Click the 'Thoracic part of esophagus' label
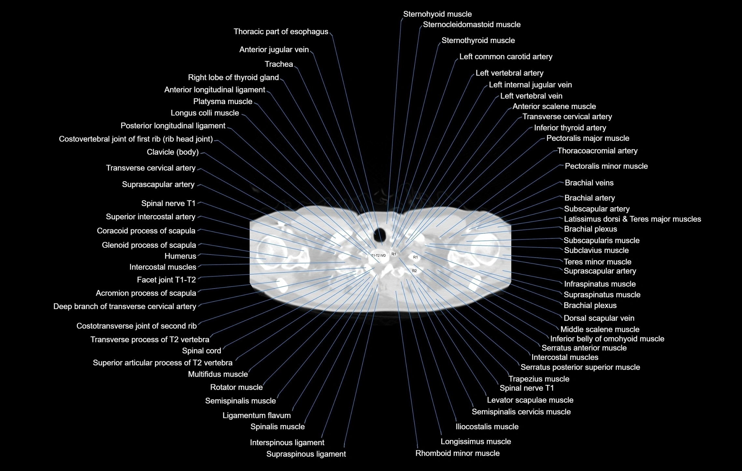click(281, 32)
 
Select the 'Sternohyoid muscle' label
click(437, 14)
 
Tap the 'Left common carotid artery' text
click(506, 57)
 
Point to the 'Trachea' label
click(279, 64)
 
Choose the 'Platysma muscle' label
click(223, 101)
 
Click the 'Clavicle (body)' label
click(173, 152)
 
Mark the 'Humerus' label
click(180, 256)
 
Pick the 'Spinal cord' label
click(202, 351)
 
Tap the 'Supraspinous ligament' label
click(306, 454)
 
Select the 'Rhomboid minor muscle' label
click(457, 453)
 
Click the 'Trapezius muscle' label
click(539, 379)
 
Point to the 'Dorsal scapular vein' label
click(599, 318)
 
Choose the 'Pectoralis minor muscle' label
click(606, 166)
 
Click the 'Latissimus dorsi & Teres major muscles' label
click(632, 219)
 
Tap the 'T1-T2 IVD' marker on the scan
click(378, 256)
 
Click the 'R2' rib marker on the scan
click(414, 271)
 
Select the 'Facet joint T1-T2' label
click(166, 280)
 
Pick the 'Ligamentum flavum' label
click(257, 416)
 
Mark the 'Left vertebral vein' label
click(531, 96)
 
